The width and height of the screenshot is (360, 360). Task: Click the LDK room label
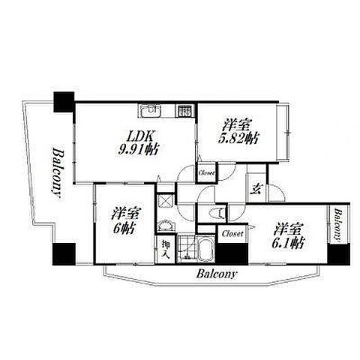(140, 136)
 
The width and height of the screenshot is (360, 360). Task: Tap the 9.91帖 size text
(138, 150)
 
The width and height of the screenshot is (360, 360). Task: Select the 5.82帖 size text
(238, 138)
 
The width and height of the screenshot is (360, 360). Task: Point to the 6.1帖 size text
(289, 242)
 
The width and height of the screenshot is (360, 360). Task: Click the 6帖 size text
(124, 228)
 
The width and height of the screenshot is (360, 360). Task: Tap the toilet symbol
(217, 213)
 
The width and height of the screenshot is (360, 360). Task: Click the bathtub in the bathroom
(206, 248)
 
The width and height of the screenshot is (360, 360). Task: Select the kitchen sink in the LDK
(150, 111)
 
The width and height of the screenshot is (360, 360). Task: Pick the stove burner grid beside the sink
(184, 111)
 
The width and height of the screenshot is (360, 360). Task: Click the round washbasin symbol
(165, 226)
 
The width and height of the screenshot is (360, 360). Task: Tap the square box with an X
(165, 201)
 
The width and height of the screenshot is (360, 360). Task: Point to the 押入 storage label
(166, 249)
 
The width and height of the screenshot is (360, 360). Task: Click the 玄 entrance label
(256, 189)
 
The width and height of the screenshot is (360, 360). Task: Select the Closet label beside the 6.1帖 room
(232, 234)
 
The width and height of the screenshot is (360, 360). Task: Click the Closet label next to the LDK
(206, 172)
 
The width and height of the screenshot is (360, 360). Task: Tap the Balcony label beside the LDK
(57, 173)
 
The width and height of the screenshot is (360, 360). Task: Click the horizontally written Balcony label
(216, 274)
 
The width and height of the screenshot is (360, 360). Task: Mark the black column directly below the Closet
(232, 253)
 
